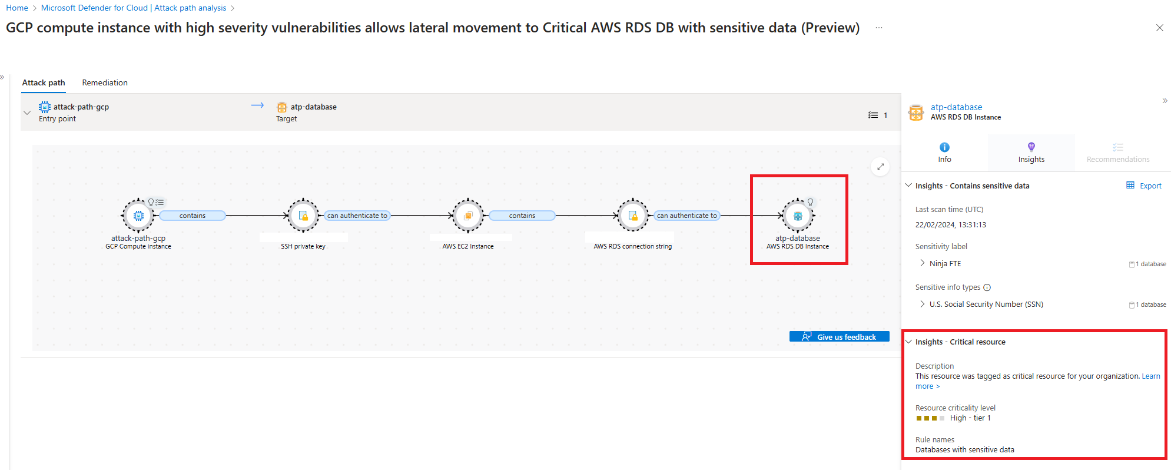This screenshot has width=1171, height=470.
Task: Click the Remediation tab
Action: [105, 82]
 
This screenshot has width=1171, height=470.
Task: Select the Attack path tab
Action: [44, 82]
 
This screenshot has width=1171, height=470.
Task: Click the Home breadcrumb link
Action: [17, 8]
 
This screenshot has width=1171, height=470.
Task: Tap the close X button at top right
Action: [1159, 28]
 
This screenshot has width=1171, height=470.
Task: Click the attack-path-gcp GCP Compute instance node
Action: [138, 216]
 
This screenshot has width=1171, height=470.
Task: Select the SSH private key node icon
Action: [303, 216]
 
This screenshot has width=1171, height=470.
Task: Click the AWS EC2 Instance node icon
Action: [468, 216]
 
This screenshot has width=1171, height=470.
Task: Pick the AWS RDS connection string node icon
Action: [633, 216]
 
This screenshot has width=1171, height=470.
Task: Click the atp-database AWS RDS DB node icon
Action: [798, 216]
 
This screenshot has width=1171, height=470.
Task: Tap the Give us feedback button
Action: [839, 336]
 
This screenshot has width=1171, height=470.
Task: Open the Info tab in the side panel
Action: [944, 153]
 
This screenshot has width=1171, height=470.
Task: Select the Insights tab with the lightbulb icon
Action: [1031, 153]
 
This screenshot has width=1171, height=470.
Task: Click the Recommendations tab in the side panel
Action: [1118, 153]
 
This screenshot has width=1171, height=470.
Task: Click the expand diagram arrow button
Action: [880, 167]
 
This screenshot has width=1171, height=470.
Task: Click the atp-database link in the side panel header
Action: [956, 107]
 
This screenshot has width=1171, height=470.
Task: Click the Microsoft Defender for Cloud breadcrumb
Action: [134, 8]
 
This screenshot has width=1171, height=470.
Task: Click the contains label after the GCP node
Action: [193, 216]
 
